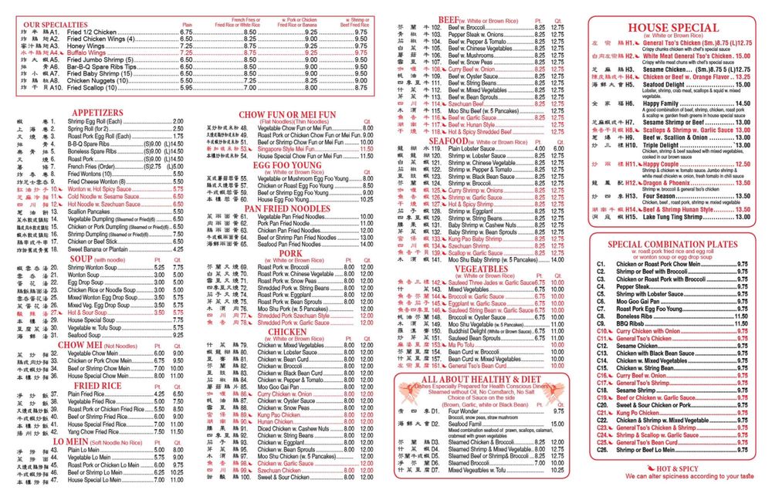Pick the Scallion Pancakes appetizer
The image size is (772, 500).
[x=90, y=211]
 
